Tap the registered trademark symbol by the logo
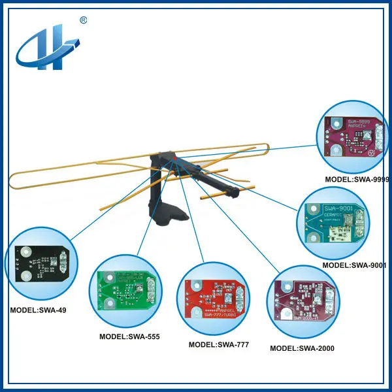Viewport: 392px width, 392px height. coord(83,20)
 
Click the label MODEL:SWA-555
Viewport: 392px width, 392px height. coord(129,336)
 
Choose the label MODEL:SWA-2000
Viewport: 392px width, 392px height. coord(302,348)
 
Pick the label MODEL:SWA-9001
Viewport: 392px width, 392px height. coord(355,265)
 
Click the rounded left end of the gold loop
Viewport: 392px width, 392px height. coord(14,175)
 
